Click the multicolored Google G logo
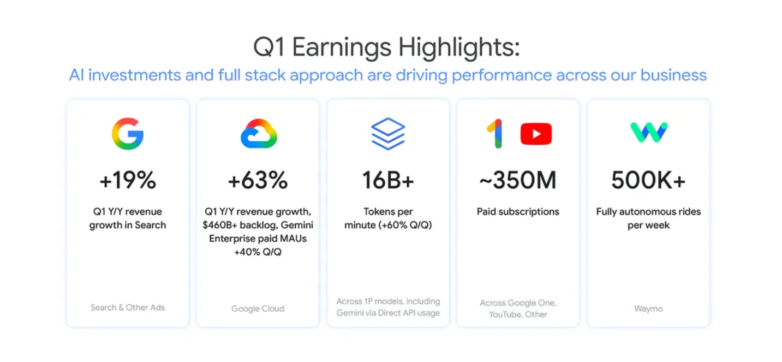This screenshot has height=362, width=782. [x=128, y=134]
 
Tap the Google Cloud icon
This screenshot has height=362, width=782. [x=259, y=134]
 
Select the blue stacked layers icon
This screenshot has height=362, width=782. [x=388, y=134]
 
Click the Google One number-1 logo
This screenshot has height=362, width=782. [x=495, y=134]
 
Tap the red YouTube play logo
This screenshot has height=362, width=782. [x=536, y=134]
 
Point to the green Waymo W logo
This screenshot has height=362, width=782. [x=649, y=132]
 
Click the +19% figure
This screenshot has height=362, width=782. [x=128, y=180]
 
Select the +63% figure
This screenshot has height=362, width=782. [x=258, y=180]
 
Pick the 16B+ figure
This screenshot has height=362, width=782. [x=388, y=180]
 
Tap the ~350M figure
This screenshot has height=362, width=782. [x=518, y=180]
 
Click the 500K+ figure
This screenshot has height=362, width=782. [x=648, y=180]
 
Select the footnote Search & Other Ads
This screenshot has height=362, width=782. [x=128, y=307]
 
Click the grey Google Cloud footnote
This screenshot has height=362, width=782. [x=258, y=308]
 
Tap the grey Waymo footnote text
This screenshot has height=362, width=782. [x=648, y=308]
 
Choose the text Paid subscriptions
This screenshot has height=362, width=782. [x=518, y=212]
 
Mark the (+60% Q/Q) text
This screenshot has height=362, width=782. [x=405, y=225]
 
